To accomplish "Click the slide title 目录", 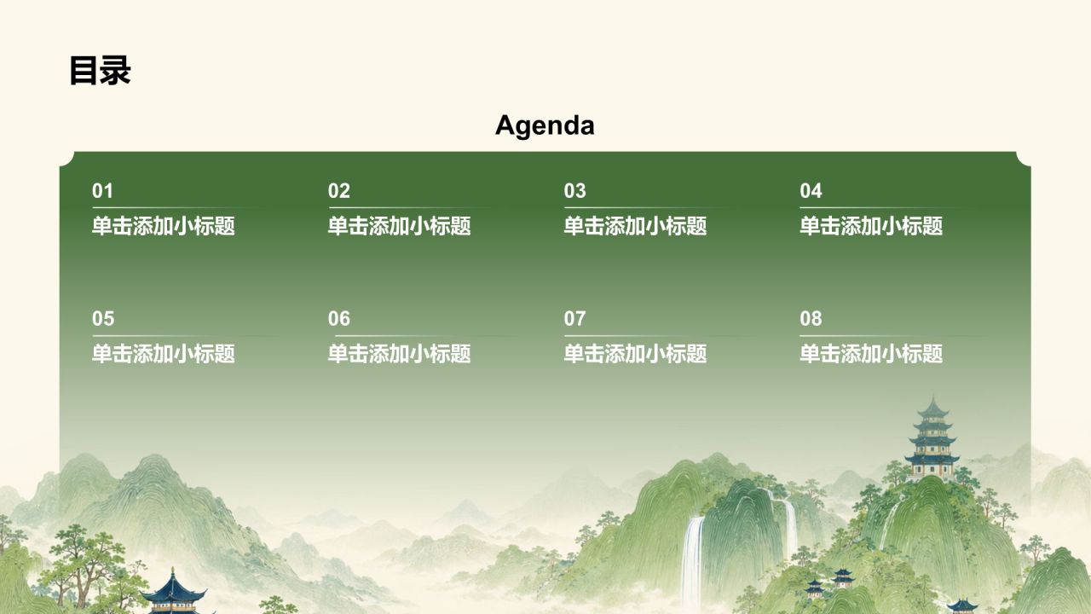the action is pos(100,71).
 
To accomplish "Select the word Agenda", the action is pos(545,126).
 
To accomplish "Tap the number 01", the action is pos(102,190).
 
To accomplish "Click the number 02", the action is pos(339,190).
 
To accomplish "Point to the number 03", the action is pos(574,190).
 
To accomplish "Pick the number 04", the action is pos(811,190).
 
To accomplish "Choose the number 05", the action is pos(103,319).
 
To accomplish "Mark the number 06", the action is pos(339,319).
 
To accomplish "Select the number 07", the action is pos(574,319).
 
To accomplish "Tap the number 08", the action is pos(811,319).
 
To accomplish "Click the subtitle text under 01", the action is pos(164,226).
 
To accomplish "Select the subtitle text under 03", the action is pos(635,226).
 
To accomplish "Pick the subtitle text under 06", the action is pos(400,354).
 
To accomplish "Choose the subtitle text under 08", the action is pos(871,354).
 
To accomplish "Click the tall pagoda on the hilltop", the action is pos(932,438).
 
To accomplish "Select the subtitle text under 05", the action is pos(164,354).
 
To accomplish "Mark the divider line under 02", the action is pos(410,208).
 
